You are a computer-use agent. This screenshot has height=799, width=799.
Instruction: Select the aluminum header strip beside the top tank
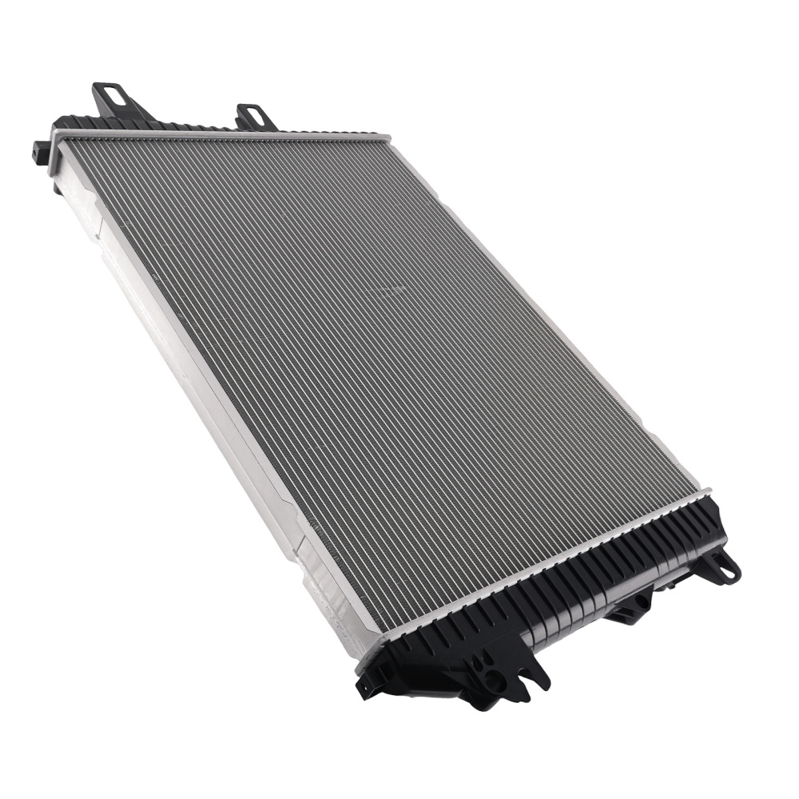click(224, 137)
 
